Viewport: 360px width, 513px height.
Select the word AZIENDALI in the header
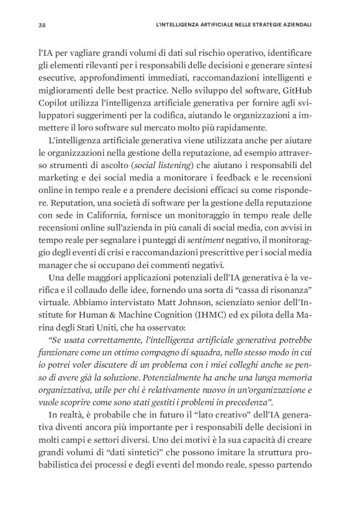[294, 25]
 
